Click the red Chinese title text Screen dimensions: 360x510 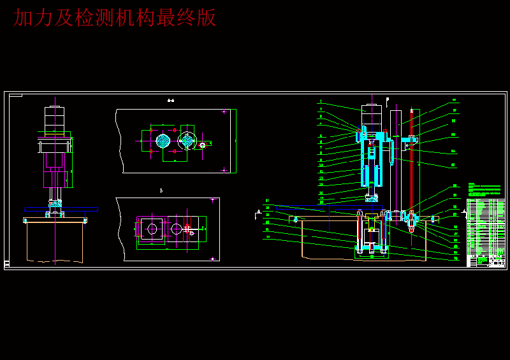click(115, 18)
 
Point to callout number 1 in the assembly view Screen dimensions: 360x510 click(321, 101)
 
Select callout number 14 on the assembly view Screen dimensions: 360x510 click(321, 192)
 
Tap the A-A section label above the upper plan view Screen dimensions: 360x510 click(170, 100)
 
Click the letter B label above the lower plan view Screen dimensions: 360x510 click(161, 190)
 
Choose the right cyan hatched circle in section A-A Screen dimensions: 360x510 click(187, 140)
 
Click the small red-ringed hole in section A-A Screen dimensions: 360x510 click(203, 145)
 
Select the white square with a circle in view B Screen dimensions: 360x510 click(152, 228)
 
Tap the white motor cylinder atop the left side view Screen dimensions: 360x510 click(54, 119)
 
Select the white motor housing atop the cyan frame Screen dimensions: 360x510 click(371, 115)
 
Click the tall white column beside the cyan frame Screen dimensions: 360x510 click(396, 159)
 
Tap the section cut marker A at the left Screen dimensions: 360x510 click(258, 212)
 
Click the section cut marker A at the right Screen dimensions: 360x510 click(465, 212)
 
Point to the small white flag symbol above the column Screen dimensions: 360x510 click(387, 99)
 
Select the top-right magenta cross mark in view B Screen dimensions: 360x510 click(212, 200)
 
